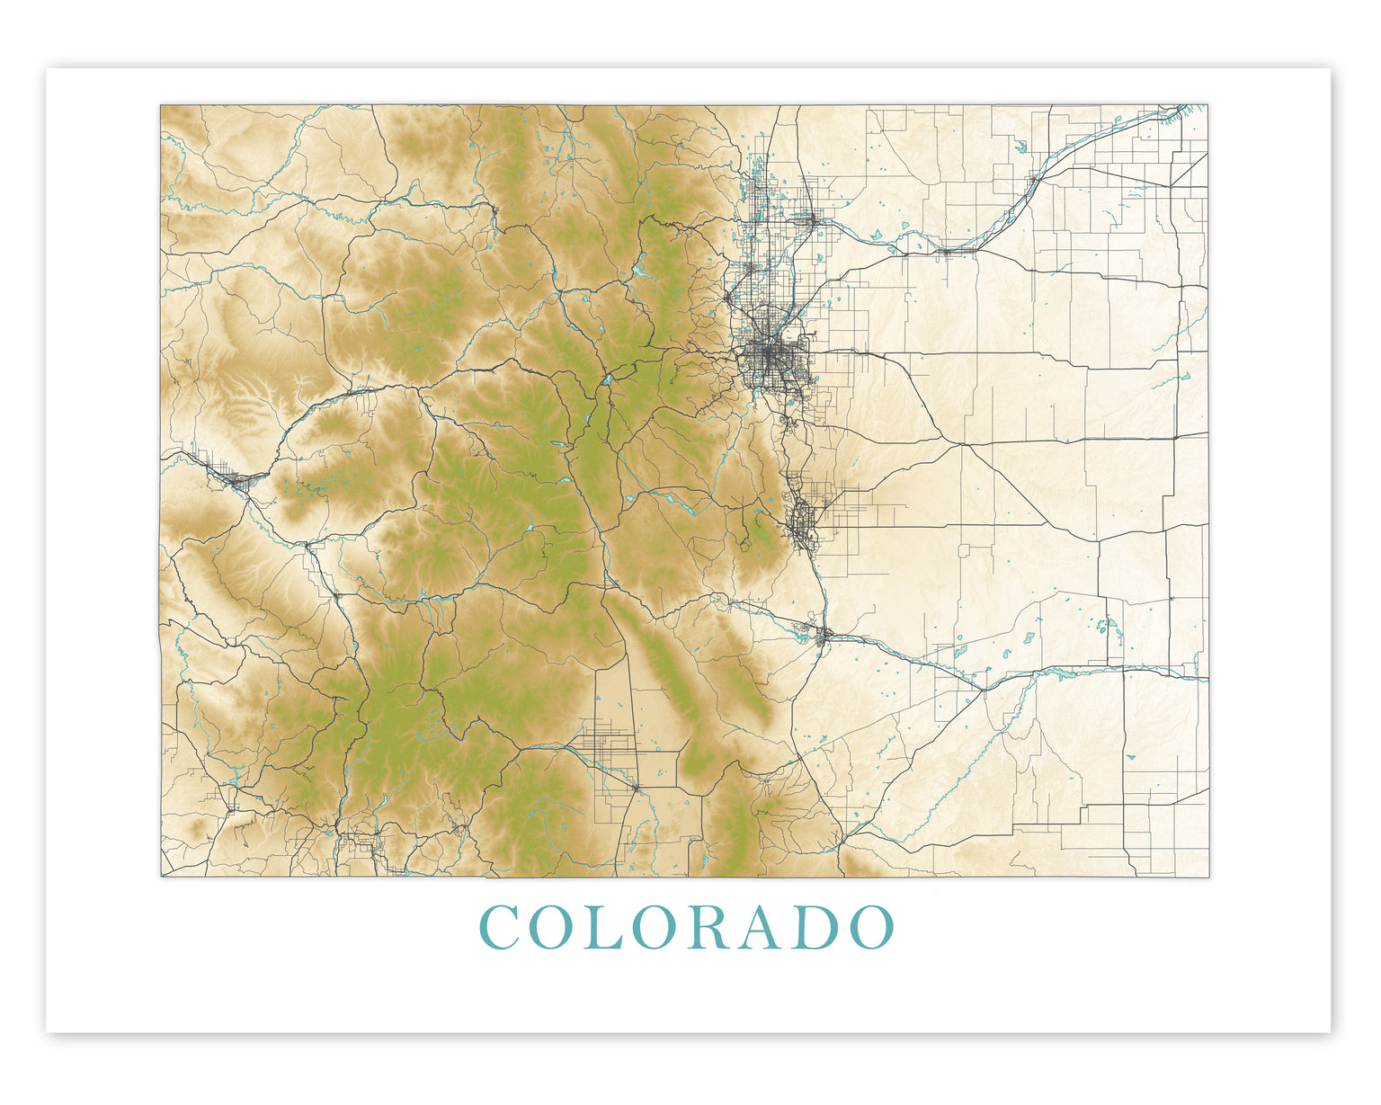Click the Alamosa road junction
[x=637, y=788]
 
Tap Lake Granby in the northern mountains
[x=639, y=269]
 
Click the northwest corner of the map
[x=162, y=106]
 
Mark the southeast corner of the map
[x=1207, y=876]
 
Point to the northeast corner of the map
[x=1207, y=106]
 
